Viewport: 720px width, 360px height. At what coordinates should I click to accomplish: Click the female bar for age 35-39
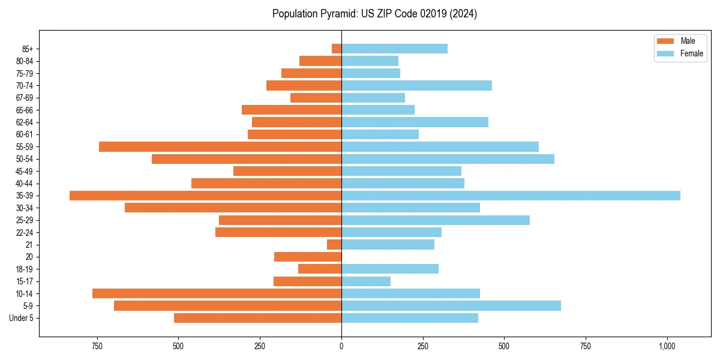(x=511, y=196)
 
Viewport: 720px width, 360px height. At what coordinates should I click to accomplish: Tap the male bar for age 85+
(x=337, y=49)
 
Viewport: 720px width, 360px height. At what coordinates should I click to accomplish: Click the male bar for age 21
(x=334, y=245)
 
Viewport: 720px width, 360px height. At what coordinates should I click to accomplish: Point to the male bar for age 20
(x=308, y=257)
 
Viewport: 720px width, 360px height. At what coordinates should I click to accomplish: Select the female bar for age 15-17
(x=366, y=281)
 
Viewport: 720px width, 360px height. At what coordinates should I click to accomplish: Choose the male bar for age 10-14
(x=217, y=293)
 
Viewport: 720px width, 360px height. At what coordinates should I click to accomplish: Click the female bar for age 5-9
(x=451, y=306)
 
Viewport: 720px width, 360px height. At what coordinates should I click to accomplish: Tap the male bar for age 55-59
(x=220, y=146)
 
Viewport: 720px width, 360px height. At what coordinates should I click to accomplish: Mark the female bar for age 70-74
(x=416, y=85)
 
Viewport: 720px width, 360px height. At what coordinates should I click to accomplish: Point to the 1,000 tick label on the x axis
(x=667, y=346)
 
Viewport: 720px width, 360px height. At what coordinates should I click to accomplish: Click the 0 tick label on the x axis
(x=341, y=346)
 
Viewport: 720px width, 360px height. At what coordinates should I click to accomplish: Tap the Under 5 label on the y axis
(x=22, y=318)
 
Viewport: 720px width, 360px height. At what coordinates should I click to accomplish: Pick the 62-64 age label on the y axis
(x=25, y=122)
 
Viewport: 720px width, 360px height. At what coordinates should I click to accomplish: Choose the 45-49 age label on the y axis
(x=25, y=171)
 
